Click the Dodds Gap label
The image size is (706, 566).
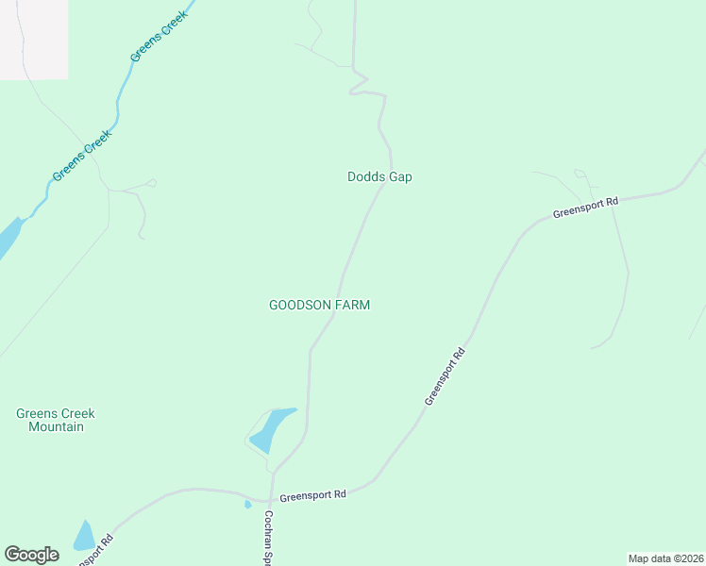(x=379, y=176)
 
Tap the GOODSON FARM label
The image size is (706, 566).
(x=319, y=305)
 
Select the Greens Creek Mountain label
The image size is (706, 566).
(x=56, y=420)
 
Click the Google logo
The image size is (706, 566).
(x=31, y=555)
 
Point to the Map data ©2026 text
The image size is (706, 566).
(x=665, y=558)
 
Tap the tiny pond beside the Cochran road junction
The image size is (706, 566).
(x=248, y=505)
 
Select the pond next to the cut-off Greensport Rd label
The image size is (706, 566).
(x=85, y=537)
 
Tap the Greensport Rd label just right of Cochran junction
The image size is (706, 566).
(x=313, y=493)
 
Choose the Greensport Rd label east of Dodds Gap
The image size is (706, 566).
(x=585, y=207)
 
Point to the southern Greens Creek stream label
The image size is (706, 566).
(x=82, y=155)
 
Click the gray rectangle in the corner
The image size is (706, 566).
(x=34, y=39)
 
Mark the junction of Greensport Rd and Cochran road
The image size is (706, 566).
(x=271, y=501)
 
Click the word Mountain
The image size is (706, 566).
(x=56, y=427)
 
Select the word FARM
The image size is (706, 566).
(x=354, y=305)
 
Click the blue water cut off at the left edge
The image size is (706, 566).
(x=8, y=238)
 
